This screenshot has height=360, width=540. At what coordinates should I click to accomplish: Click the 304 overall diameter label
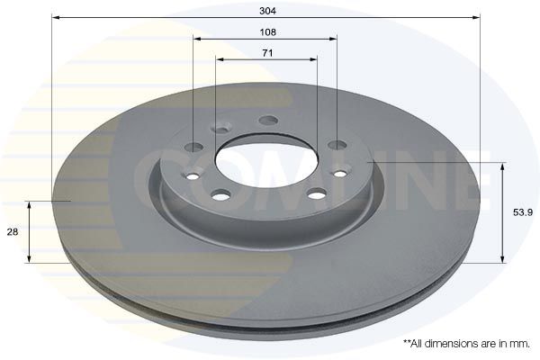[x=267, y=11]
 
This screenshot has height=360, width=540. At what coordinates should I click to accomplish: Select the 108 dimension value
[x=267, y=32]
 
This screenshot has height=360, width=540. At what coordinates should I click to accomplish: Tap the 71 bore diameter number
[x=267, y=53]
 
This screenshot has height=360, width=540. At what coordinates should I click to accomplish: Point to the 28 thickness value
[x=13, y=232]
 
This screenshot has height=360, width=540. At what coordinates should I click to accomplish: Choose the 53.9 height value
[x=523, y=212]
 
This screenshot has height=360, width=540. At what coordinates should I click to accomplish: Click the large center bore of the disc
[x=265, y=161]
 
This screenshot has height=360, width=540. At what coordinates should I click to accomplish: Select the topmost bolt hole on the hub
[x=268, y=121]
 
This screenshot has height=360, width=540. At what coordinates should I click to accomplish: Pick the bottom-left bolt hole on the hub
[x=220, y=195]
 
